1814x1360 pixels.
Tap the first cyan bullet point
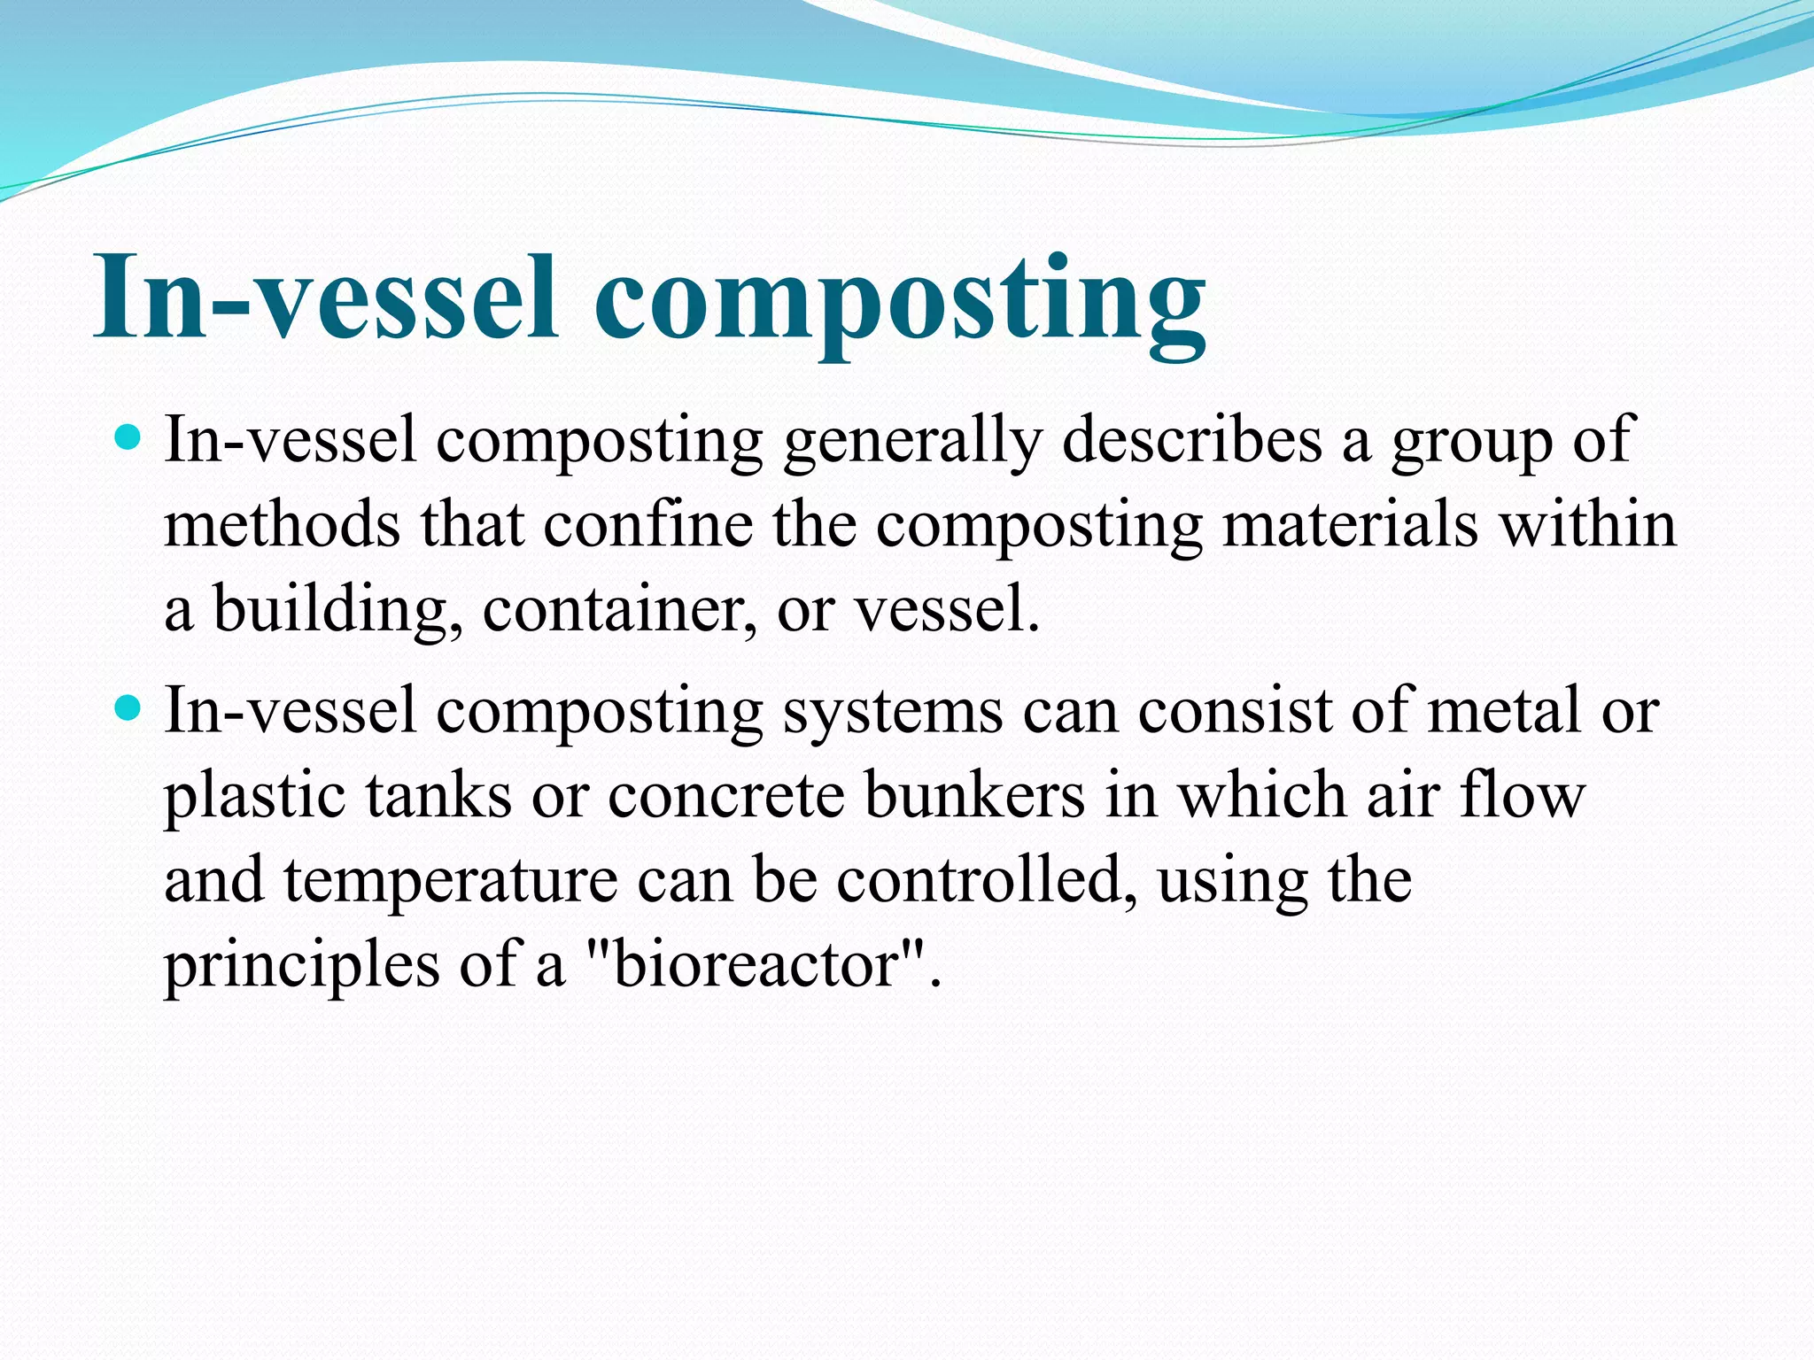[129, 437]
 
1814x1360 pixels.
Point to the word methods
[282, 525]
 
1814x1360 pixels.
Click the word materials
[1350, 525]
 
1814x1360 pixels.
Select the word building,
[337, 611]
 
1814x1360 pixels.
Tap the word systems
[893, 713]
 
